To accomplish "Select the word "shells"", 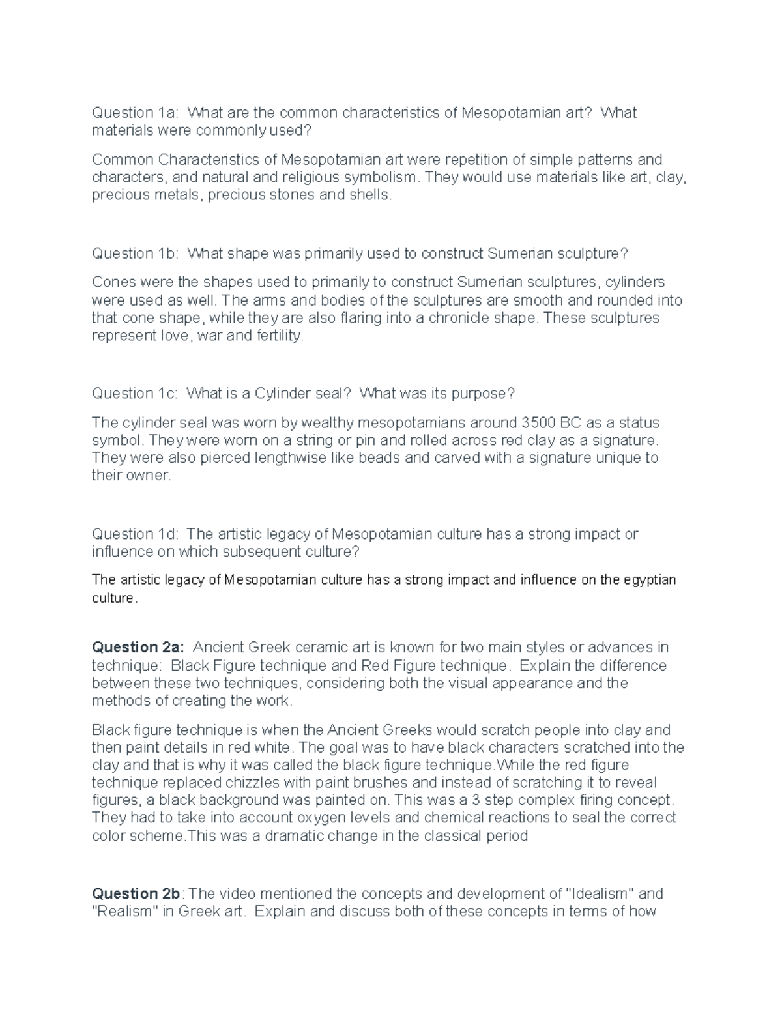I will (371, 195).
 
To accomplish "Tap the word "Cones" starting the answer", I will (113, 282).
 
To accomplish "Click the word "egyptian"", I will (649, 580).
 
